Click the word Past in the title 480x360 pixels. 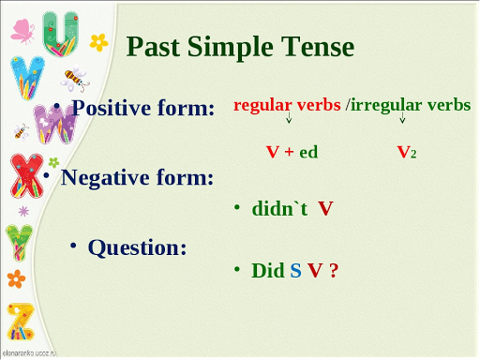coord(155,46)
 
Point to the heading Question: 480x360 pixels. coord(137,247)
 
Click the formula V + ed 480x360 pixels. coord(292,151)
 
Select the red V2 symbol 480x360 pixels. coord(406,151)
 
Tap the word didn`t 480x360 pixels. coord(280,208)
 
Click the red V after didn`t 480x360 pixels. coord(325,208)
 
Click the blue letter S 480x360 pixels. coord(295,271)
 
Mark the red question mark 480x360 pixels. coord(333,271)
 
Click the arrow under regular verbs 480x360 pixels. coord(289,119)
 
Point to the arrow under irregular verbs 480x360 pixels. coord(402,119)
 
